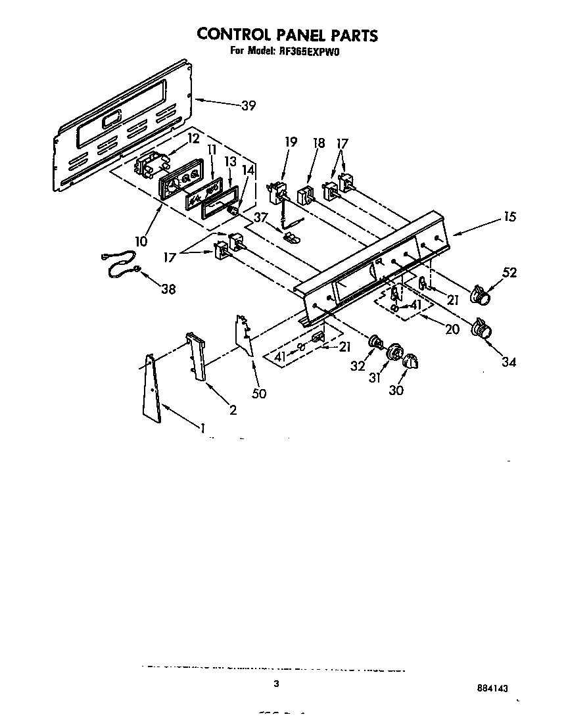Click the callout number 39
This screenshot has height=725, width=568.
click(x=248, y=106)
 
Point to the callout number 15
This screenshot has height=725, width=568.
click(x=510, y=217)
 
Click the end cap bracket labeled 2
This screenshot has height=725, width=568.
click(x=197, y=358)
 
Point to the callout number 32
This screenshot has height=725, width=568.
click(x=358, y=366)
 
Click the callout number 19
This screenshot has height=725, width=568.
click(x=291, y=141)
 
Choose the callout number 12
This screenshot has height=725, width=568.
click(x=193, y=138)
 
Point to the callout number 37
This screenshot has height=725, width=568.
click(x=261, y=218)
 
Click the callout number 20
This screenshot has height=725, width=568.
click(x=452, y=329)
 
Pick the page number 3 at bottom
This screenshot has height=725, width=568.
click(x=277, y=684)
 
